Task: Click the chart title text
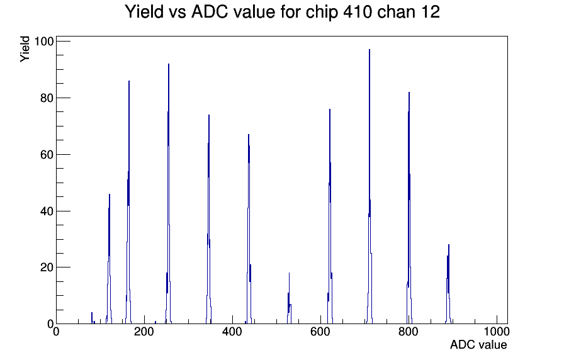click(x=282, y=12)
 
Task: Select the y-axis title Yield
click(x=25, y=49)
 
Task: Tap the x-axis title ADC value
click(x=478, y=344)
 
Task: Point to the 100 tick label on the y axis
click(x=43, y=42)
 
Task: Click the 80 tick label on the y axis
click(x=47, y=98)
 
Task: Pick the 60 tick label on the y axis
click(x=47, y=155)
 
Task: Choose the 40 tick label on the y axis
click(x=47, y=211)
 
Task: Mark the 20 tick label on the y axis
click(x=47, y=267)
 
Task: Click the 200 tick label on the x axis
click(x=144, y=331)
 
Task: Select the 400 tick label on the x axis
click(x=232, y=331)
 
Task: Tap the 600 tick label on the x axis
click(x=320, y=331)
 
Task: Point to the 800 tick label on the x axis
click(x=409, y=331)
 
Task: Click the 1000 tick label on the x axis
click(x=497, y=331)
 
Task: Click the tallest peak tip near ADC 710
click(x=369, y=50)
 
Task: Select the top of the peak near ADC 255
click(x=169, y=64)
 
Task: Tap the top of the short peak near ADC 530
click(x=289, y=273)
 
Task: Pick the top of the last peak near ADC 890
click(x=449, y=245)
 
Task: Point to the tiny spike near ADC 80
click(x=92, y=313)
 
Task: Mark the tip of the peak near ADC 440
click(x=249, y=135)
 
